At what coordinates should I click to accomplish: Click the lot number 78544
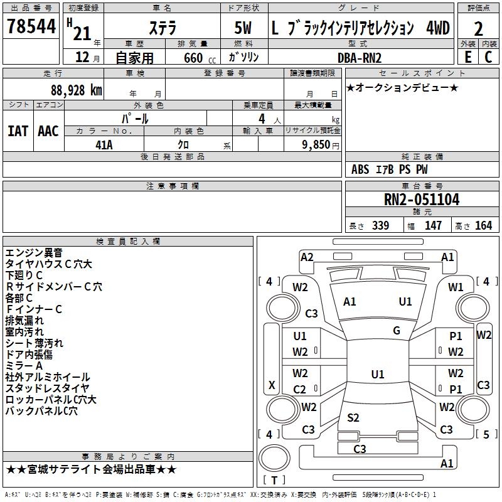[31, 28]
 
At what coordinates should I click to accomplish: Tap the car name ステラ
[163, 29]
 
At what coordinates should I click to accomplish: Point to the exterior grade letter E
[467, 56]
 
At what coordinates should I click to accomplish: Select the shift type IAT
[18, 131]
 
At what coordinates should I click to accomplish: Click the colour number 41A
[104, 144]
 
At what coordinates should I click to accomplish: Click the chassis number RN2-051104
[422, 200]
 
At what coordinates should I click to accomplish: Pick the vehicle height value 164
[483, 226]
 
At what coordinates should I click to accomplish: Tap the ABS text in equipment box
[360, 169]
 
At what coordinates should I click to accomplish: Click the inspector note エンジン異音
[34, 253]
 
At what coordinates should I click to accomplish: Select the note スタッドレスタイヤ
[48, 388]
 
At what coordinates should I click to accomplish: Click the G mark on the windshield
[397, 331]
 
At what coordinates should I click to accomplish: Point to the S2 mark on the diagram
[353, 418]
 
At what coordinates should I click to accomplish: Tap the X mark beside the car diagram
[272, 385]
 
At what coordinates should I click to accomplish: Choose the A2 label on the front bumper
[307, 257]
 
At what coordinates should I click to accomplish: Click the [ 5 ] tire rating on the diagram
[486, 434]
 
